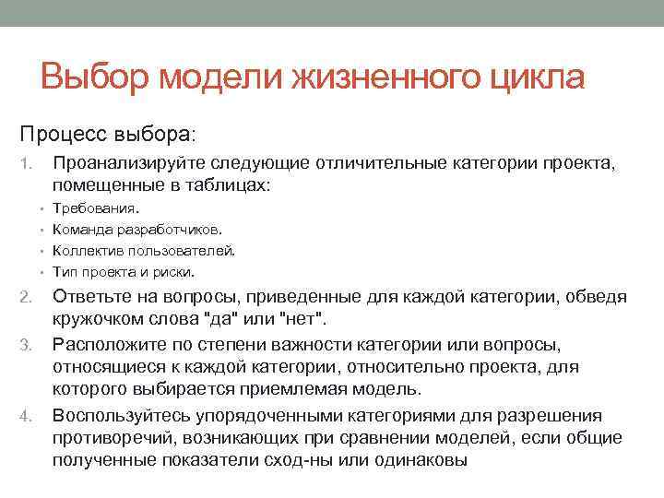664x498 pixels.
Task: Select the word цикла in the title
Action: pos(539,77)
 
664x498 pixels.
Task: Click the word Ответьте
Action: pos(98,297)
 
